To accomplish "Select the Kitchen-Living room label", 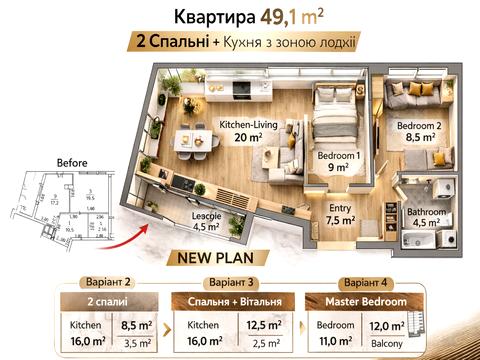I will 240,125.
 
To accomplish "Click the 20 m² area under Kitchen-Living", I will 240,138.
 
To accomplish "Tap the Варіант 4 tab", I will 364,282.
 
